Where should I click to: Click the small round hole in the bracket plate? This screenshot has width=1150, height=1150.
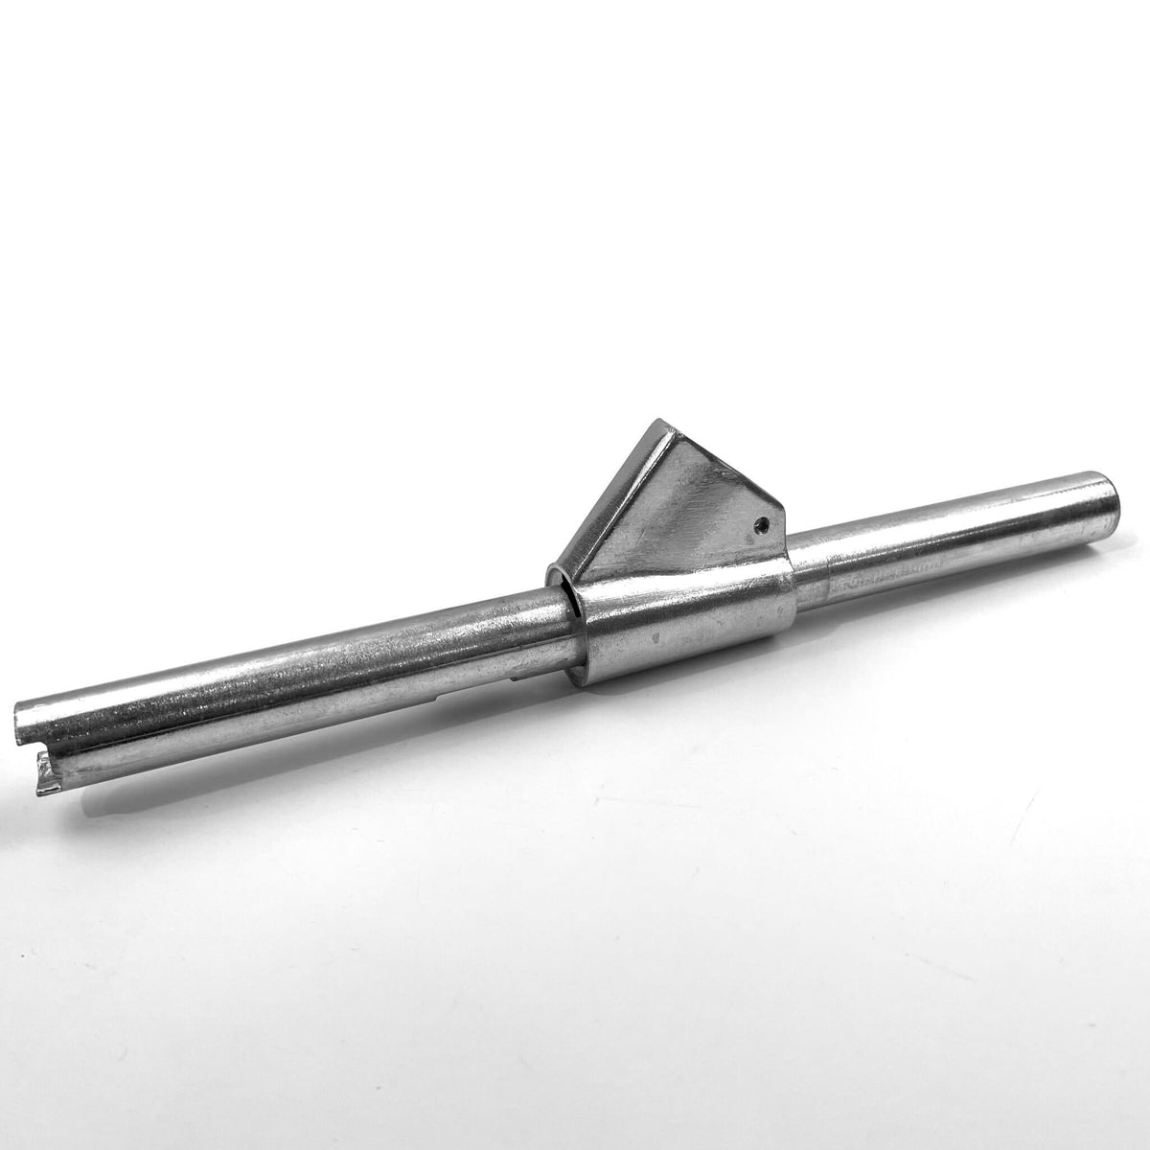(x=760, y=523)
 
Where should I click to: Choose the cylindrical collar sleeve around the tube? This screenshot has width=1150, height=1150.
(x=685, y=628)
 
